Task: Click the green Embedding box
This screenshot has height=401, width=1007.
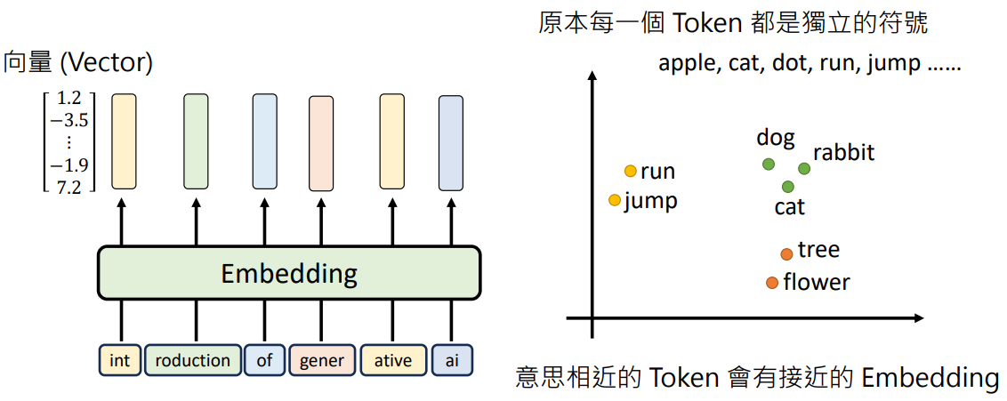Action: click(x=289, y=273)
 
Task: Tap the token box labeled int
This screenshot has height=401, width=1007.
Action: click(x=120, y=360)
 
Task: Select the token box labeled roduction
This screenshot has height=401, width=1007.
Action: click(x=193, y=360)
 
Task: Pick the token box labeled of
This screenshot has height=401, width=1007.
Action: click(x=264, y=360)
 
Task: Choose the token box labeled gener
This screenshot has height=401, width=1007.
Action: click(x=322, y=360)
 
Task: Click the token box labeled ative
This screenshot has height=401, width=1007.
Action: click(x=393, y=360)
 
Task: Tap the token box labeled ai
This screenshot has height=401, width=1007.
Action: click(x=452, y=360)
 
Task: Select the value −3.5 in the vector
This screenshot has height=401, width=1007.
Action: click(x=68, y=121)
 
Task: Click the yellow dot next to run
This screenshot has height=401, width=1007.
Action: click(x=631, y=171)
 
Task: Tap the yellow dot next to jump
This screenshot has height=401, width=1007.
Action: click(x=615, y=200)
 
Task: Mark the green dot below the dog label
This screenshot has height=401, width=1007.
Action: click(x=768, y=164)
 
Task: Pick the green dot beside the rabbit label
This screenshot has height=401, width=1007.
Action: click(x=804, y=168)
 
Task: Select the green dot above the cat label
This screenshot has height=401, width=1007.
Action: click(x=788, y=187)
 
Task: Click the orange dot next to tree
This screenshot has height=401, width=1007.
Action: click(x=786, y=254)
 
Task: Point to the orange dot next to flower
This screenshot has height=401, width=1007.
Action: click(x=772, y=283)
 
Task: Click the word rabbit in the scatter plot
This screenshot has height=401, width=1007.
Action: click(x=844, y=153)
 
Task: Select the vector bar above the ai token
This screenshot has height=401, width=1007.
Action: click(x=451, y=143)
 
